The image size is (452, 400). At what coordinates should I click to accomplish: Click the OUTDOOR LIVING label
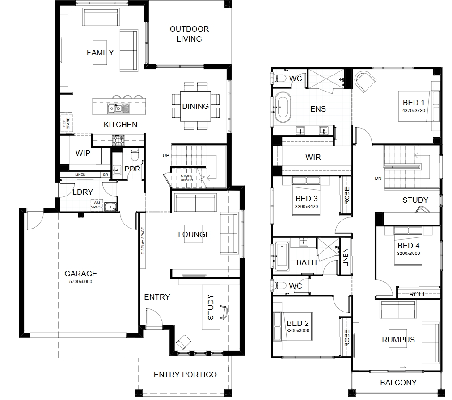pyautogui.click(x=189, y=34)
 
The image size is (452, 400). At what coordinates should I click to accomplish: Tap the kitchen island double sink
pyautogui.click(x=118, y=108)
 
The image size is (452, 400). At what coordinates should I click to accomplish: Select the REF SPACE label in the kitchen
pyautogui.click(x=66, y=124)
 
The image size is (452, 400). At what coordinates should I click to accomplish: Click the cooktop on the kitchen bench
pyautogui.click(x=118, y=140)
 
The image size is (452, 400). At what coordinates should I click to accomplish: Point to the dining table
pyautogui.click(x=195, y=106)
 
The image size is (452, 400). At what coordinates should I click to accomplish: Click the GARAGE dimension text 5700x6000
pyautogui.click(x=81, y=281)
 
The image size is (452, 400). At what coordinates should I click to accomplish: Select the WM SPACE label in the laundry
pyautogui.click(x=97, y=205)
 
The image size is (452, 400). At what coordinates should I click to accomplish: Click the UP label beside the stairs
pyautogui.click(x=166, y=156)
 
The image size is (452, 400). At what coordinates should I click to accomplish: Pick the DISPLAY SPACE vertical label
pyautogui.click(x=143, y=241)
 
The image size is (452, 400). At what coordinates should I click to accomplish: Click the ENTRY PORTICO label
pyautogui.click(x=185, y=375)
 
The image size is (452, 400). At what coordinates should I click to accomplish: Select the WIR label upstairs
pyautogui.click(x=313, y=157)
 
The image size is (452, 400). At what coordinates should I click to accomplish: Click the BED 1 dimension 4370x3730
pyautogui.click(x=414, y=111)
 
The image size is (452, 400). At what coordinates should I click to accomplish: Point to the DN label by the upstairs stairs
pyautogui.click(x=378, y=179)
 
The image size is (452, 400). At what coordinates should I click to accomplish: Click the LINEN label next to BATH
pyautogui.click(x=346, y=257)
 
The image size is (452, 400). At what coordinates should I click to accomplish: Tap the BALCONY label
pyautogui.click(x=398, y=383)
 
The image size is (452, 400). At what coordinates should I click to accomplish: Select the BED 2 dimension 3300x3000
pyautogui.click(x=298, y=331)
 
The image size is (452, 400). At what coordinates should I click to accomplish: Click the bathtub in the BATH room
pyautogui.click(x=282, y=256)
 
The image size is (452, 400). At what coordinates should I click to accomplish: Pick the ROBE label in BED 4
pyautogui.click(x=418, y=294)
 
